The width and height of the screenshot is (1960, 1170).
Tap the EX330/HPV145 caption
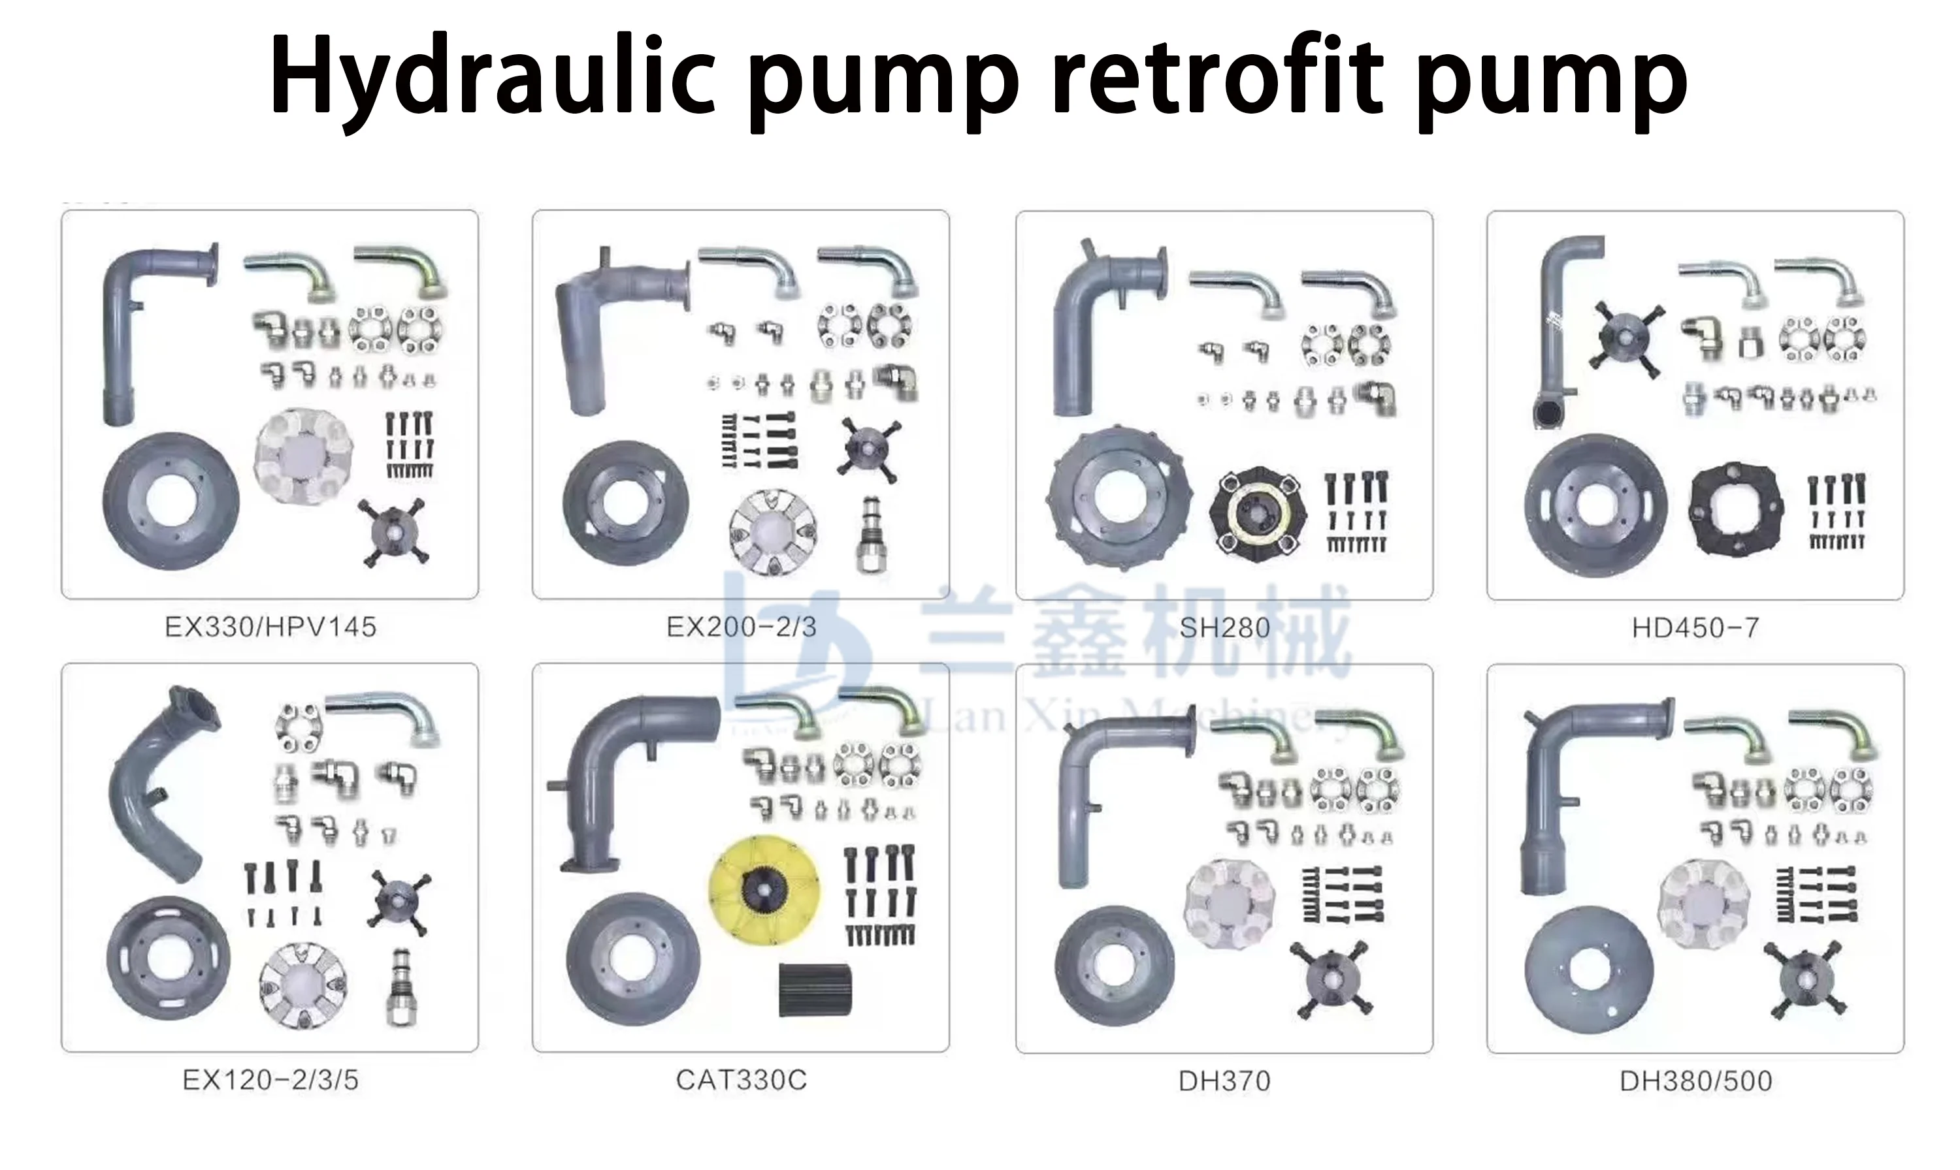(270, 627)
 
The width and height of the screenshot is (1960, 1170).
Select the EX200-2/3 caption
(742, 627)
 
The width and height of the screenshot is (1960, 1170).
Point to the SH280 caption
(1224, 628)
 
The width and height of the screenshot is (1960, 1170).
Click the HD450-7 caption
(1696, 628)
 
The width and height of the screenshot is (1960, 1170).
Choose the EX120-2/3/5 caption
(270, 1080)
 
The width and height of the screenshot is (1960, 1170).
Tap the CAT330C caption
(742, 1080)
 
